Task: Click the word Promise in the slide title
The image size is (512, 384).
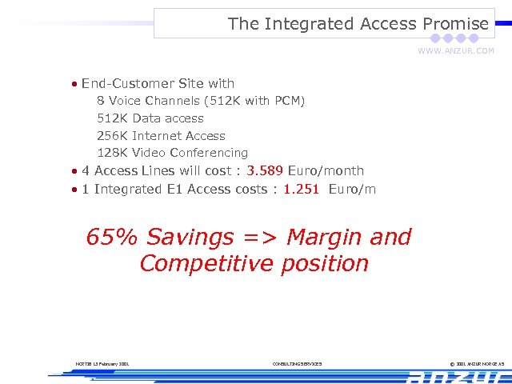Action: [x=455, y=24]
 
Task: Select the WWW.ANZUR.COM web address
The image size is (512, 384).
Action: [x=455, y=51]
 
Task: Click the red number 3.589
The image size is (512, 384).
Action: [x=265, y=170]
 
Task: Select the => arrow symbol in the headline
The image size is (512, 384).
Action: [x=260, y=238]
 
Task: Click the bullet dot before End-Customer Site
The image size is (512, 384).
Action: [x=74, y=84]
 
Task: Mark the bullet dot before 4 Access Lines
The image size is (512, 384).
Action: [x=74, y=171]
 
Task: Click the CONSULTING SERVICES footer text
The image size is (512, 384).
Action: [x=298, y=364]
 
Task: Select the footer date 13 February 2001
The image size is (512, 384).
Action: [x=109, y=364]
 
